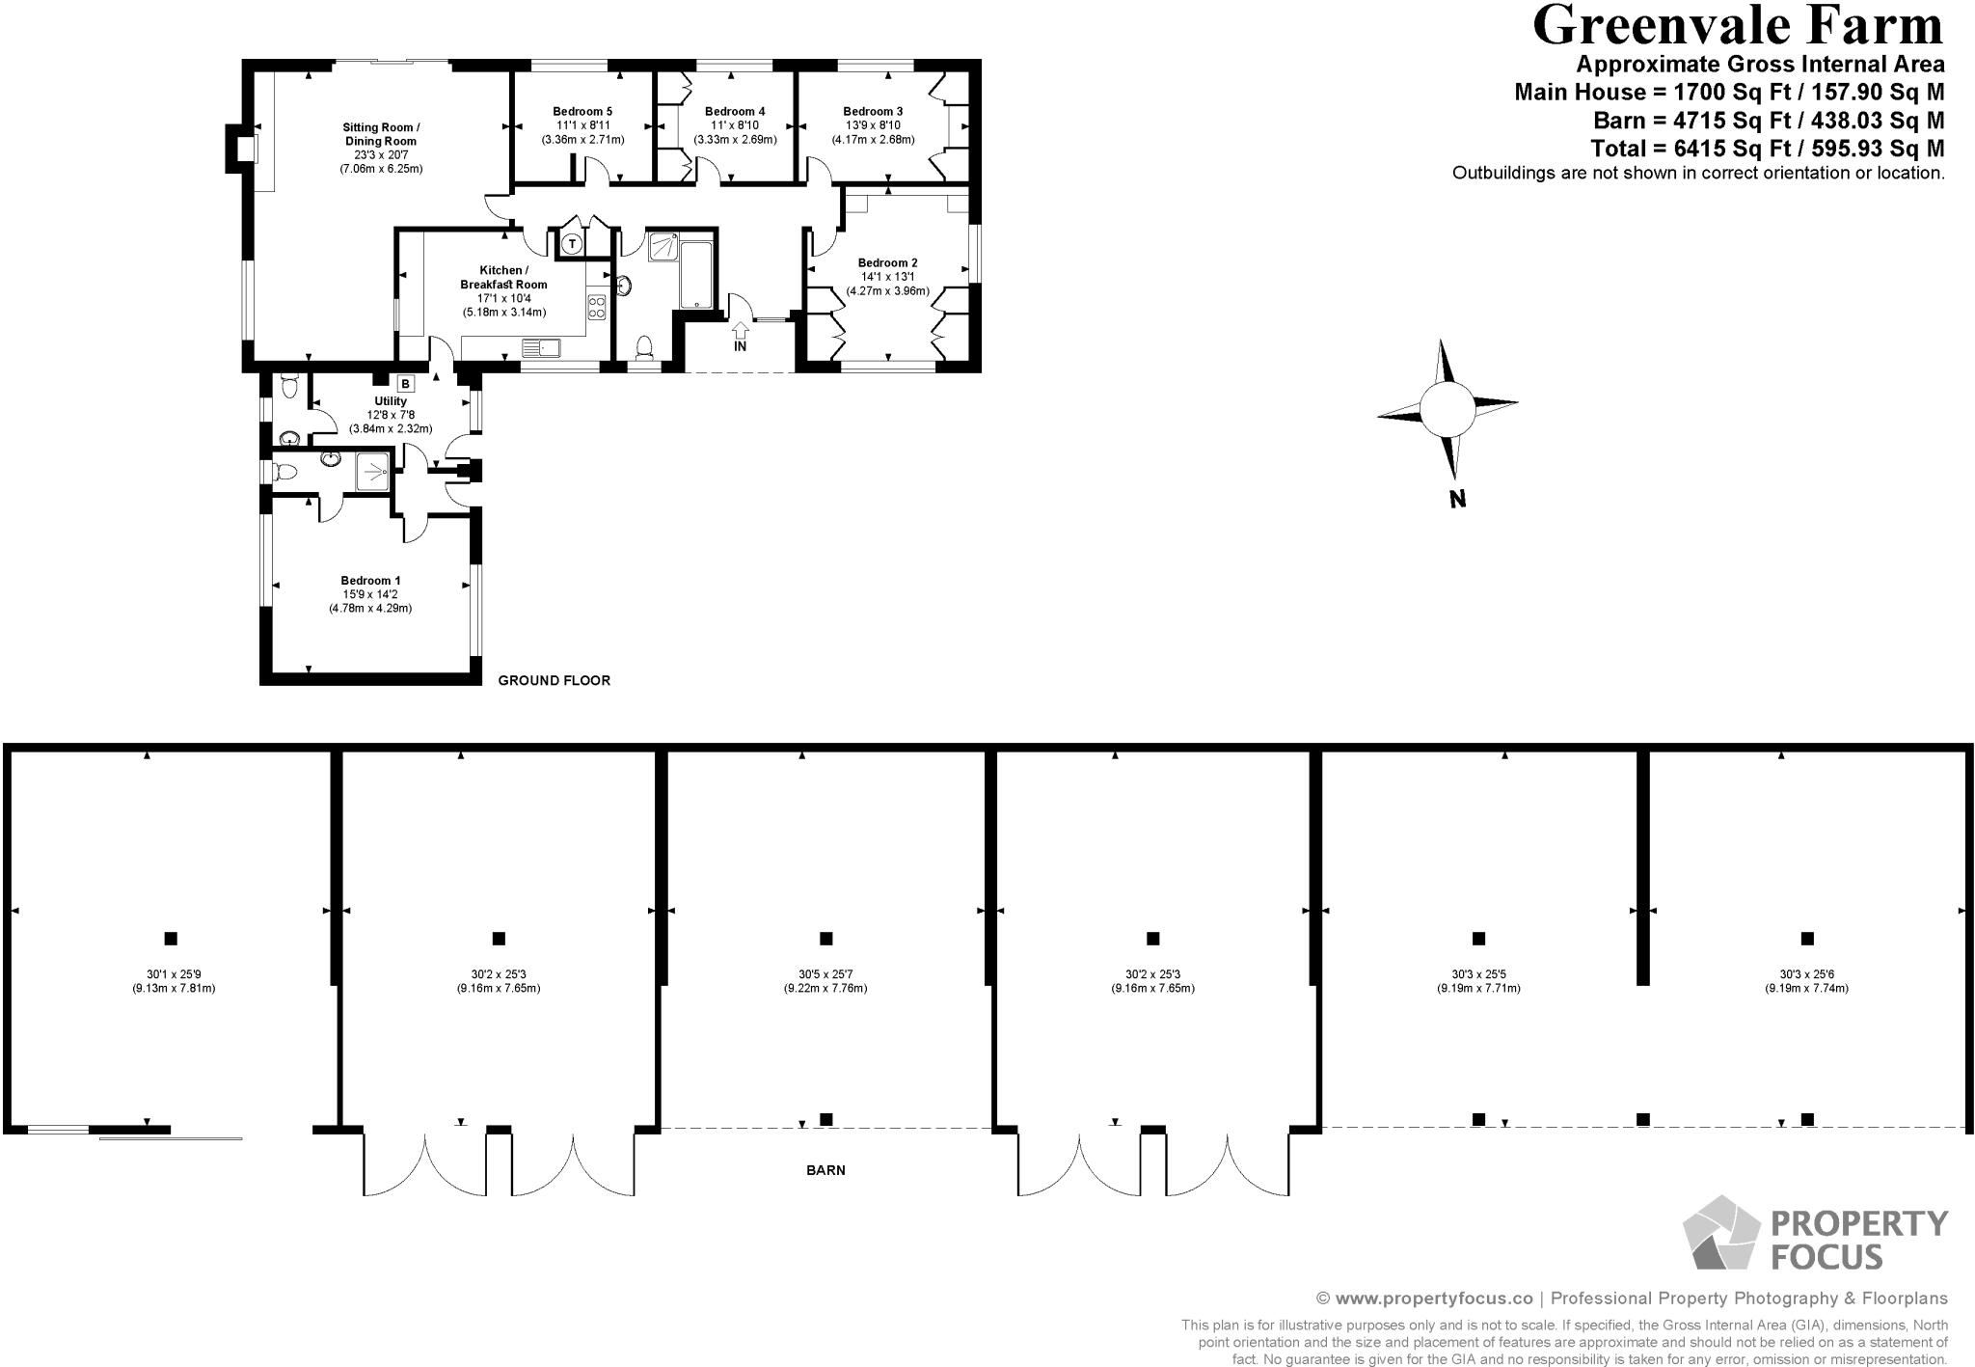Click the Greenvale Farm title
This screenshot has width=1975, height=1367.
pos(1737,26)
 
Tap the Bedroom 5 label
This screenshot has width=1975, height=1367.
pos(582,111)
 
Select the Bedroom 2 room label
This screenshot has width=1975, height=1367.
pos(887,262)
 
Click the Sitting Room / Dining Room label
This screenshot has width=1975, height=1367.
pos(381,134)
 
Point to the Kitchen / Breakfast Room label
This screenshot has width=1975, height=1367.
pos(503,278)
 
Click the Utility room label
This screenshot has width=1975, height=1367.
pos(391,401)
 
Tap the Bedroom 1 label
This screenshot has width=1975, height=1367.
pos(370,581)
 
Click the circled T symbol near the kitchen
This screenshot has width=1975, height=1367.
pos(572,244)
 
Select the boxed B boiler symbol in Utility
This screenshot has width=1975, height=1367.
pos(405,384)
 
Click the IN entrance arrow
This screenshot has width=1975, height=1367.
pos(740,336)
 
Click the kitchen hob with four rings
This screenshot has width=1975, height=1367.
pos(597,308)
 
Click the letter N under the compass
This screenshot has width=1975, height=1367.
pos(1457,500)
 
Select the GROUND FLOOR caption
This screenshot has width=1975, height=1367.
pos(554,680)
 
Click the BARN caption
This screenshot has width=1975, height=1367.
pos(825,1170)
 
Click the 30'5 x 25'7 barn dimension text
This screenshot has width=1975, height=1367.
pos(825,974)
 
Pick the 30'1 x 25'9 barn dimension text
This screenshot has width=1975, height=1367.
pos(174,974)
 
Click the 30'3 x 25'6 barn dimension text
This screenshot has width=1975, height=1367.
pos(1806,974)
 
